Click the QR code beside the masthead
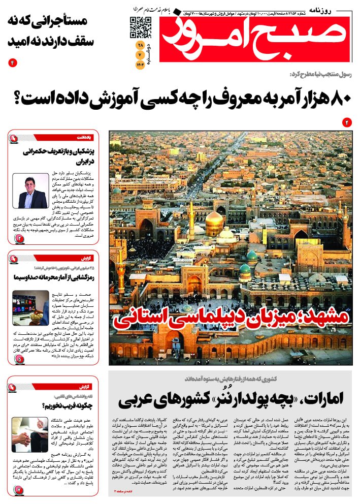pyautogui.click(x=141, y=27)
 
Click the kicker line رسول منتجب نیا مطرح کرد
pyautogui.click(x=320, y=75)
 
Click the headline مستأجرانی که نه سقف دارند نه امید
pyautogui.click(x=49, y=31)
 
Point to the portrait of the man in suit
pyautogui.click(x=30, y=191)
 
